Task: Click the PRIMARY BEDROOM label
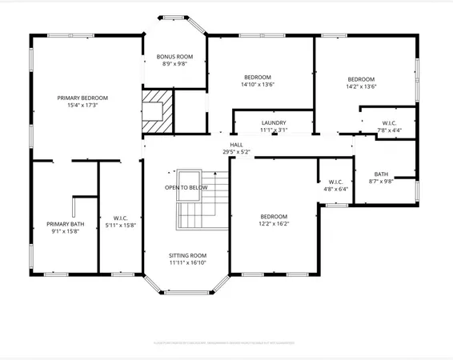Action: pos(82,98)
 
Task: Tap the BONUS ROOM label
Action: pos(175,57)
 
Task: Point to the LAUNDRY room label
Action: pos(274,123)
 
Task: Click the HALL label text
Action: pos(236,145)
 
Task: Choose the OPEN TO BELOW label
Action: pos(186,187)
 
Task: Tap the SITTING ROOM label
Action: pos(187,255)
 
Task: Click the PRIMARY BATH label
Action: pos(65,224)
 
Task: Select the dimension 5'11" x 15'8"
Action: pos(120,225)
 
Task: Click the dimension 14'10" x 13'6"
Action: pos(258,84)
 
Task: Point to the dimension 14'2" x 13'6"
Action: pos(360,86)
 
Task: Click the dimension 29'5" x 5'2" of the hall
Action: pos(237,152)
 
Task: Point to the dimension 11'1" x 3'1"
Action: pos(274,130)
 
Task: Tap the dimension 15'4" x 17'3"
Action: pos(82,106)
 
